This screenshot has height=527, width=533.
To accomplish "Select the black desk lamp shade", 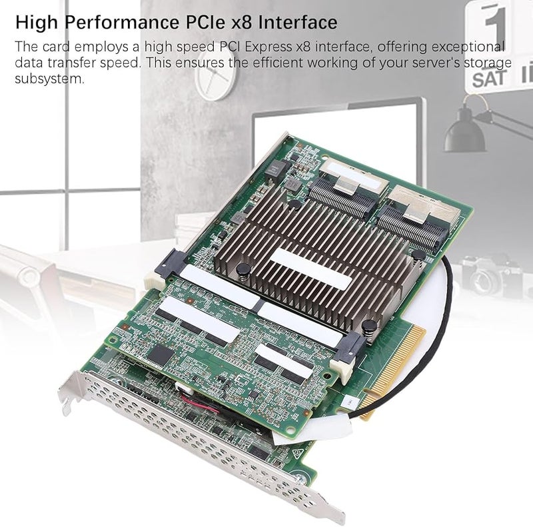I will [464, 137].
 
